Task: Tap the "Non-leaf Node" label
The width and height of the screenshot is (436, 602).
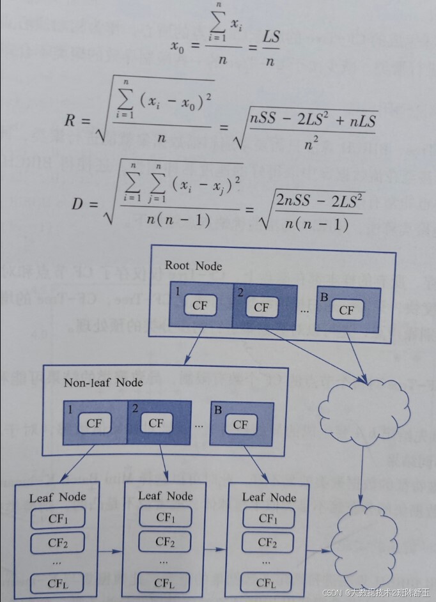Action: (103, 382)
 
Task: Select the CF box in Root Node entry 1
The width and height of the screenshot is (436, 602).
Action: (200, 305)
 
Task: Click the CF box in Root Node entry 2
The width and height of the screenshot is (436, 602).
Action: (261, 307)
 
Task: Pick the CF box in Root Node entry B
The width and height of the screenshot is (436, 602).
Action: (346, 311)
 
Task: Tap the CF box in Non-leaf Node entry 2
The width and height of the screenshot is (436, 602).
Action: (156, 423)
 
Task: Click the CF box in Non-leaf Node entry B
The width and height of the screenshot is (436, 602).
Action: (240, 424)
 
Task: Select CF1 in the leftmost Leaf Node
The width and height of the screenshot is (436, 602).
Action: (58, 518)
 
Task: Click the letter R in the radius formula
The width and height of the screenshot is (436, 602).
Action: (72, 121)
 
